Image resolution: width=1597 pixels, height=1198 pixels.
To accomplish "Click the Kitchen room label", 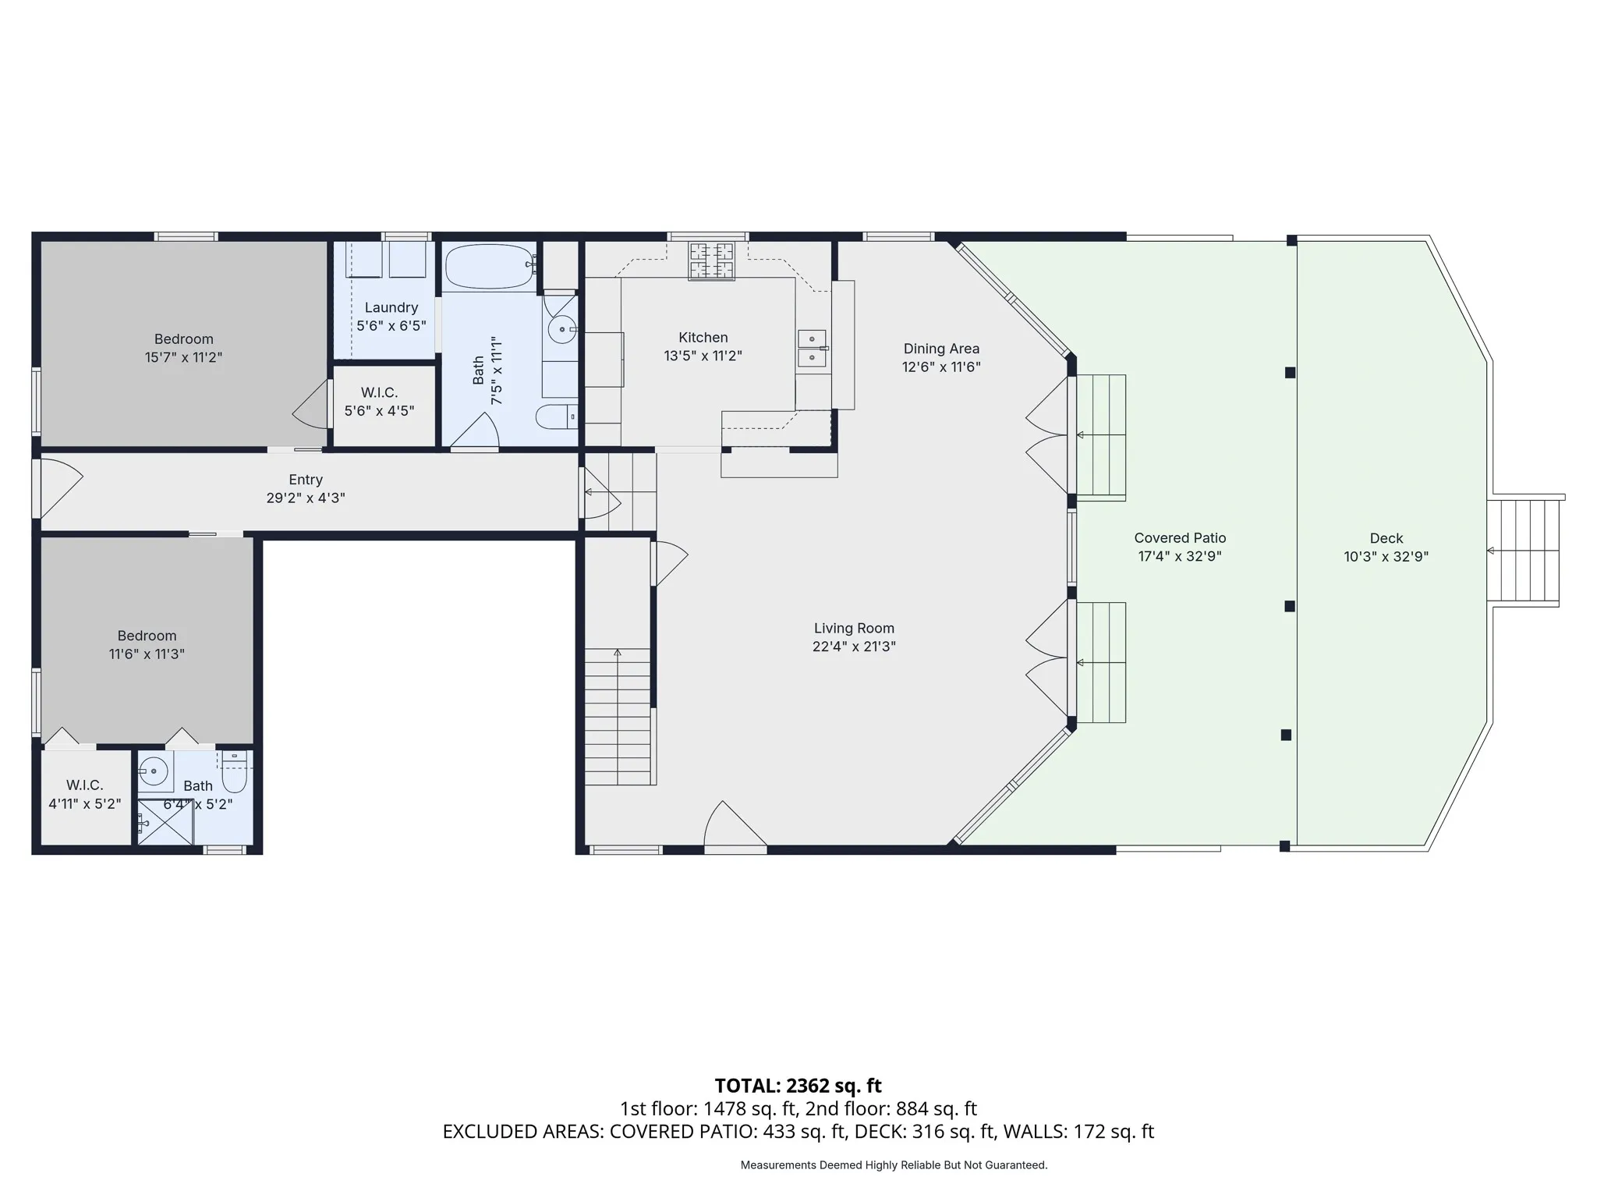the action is [703, 338].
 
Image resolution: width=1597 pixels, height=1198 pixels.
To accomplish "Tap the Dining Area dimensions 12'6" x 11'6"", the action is [941, 367].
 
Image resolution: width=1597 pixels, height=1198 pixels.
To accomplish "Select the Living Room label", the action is [854, 628].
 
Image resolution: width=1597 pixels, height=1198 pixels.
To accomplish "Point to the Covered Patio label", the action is [1180, 538].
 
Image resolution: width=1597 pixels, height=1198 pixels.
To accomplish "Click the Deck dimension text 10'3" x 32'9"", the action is [1386, 557].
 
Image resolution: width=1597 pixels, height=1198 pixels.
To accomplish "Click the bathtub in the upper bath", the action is [490, 267].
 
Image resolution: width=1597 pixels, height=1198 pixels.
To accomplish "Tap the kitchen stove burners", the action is [711, 261].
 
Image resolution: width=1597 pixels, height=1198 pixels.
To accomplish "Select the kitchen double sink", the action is [812, 349].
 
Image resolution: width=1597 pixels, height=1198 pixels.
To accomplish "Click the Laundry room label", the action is [391, 307].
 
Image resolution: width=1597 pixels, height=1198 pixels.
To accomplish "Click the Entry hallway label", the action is [306, 480].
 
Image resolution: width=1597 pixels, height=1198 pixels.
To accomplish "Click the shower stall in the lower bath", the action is [165, 821].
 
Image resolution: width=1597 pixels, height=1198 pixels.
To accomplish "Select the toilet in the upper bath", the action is [557, 416].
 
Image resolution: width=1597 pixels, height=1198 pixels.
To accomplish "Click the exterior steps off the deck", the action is [1523, 551].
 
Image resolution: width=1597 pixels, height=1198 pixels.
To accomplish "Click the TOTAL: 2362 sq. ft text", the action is [798, 1086].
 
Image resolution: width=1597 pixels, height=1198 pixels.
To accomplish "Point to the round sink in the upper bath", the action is [561, 330].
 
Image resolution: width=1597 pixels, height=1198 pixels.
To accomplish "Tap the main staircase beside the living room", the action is [618, 716].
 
